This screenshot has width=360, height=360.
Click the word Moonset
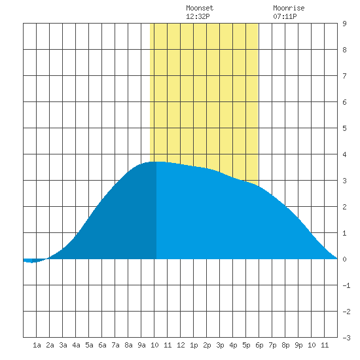(200, 8)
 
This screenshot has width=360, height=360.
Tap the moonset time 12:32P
(198, 16)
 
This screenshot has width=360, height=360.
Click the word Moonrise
(289, 8)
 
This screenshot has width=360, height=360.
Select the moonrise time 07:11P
(285, 16)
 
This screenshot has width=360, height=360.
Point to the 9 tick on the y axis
(344, 24)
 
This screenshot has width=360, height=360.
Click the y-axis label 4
(344, 154)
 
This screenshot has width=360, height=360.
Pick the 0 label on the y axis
(344, 259)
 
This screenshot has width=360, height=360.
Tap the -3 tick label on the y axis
(346, 338)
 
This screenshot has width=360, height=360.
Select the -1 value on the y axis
(346, 285)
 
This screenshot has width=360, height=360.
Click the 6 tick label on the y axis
(344, 102)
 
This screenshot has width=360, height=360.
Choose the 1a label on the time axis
(37, 345)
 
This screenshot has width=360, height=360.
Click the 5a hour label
(89, 345)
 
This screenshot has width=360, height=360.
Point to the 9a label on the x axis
(141, 345)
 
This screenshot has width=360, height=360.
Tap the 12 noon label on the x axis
(181, 345)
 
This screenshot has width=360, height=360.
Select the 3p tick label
(220, 345)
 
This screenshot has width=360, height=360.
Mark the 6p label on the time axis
(259, 345)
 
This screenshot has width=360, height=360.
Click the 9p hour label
(298, 345)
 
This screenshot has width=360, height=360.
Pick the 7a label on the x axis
(115, 345)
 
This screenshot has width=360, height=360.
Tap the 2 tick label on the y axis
(344, 207)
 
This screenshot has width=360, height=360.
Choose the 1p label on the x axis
(194, 345)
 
